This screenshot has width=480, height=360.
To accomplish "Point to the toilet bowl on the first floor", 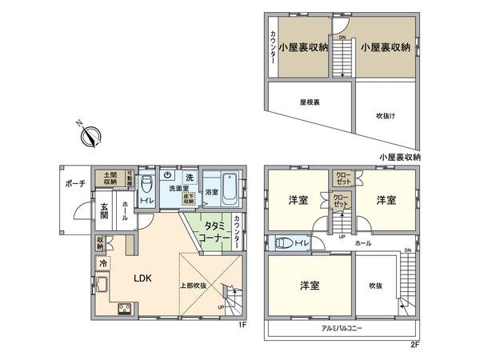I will click(146, 184).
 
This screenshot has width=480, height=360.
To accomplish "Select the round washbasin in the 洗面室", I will click(168, 176).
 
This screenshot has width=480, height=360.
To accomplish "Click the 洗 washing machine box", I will click(190, 176).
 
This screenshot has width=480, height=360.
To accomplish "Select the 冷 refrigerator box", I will click(104, 262).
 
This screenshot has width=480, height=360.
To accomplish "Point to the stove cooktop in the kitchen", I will click(125, 310).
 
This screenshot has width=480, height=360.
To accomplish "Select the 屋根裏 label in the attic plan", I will click(309, 102).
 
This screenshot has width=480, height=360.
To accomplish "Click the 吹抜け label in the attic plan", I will click(386, 116).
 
